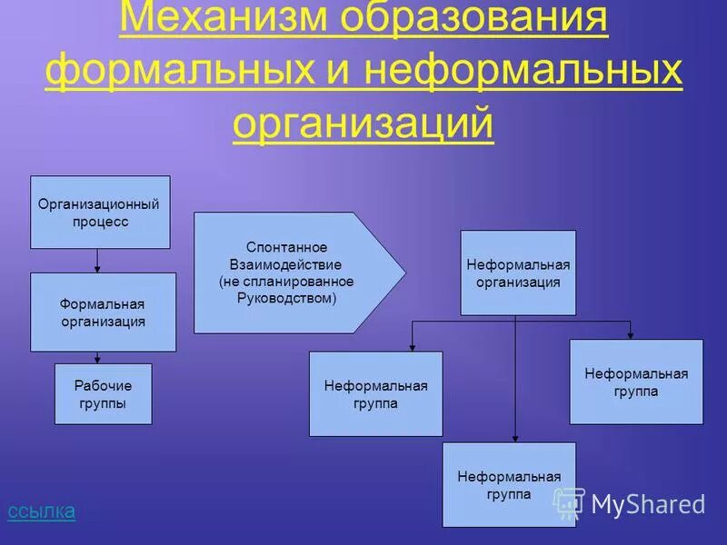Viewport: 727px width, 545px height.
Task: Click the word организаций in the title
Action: click(363, 124)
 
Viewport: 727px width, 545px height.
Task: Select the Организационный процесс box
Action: click(100, 212)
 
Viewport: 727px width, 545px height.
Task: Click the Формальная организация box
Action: click(103, 312)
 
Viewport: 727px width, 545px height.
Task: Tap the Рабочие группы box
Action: click(103, 394)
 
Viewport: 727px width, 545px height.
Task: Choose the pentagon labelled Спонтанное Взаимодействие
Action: click(291, 272)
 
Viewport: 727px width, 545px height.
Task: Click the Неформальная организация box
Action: click(518, 272)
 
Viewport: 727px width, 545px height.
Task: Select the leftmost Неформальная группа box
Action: click(375, 394)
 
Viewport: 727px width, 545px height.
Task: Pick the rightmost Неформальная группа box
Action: click(636, 381)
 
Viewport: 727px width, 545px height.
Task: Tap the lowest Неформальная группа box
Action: click(509, 484)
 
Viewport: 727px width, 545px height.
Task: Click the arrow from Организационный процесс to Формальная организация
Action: click(97, 261)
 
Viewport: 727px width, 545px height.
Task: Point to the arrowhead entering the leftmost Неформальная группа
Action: click(412, 347)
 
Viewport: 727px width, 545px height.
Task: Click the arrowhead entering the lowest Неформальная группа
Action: click(515, 437)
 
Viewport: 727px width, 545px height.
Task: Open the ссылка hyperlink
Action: click(41, 511)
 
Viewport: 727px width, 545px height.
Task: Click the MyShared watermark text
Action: click(648, 503)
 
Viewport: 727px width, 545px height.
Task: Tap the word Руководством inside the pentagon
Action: click(284, 297)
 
